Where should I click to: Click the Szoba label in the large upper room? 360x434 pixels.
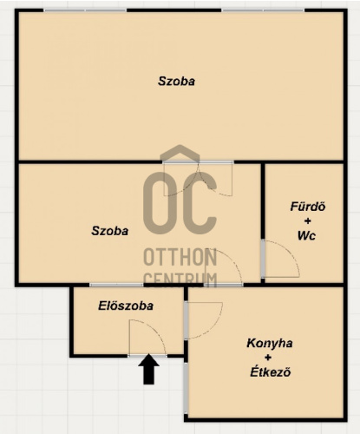pos(176,81)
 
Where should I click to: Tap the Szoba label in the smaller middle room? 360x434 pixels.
pos(110,231)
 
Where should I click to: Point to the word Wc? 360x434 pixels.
pos(306,236)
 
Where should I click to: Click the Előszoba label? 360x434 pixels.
pos(126,306)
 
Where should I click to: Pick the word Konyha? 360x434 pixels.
pos(269,343)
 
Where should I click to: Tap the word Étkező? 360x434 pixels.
pos(270,372)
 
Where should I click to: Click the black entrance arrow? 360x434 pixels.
pos(148,369)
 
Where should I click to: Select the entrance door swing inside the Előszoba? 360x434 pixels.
pos(147,338)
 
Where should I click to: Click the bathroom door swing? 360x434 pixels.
pos(281,259)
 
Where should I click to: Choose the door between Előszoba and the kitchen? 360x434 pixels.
pos(204,319)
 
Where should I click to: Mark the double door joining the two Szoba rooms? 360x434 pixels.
pos(198,179)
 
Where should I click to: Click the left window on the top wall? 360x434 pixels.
pos(86,10)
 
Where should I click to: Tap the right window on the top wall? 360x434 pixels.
pos(264,10)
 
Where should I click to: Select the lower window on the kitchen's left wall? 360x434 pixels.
pos(186,388)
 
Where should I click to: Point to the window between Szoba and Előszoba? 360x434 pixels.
pos(116,285)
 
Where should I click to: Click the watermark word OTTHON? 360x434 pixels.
pos(180,258)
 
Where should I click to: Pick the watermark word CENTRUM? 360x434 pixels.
pos(180,279)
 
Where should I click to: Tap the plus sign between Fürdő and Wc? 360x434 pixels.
pos(308,221)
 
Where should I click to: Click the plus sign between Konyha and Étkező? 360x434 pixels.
pos(268,358)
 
